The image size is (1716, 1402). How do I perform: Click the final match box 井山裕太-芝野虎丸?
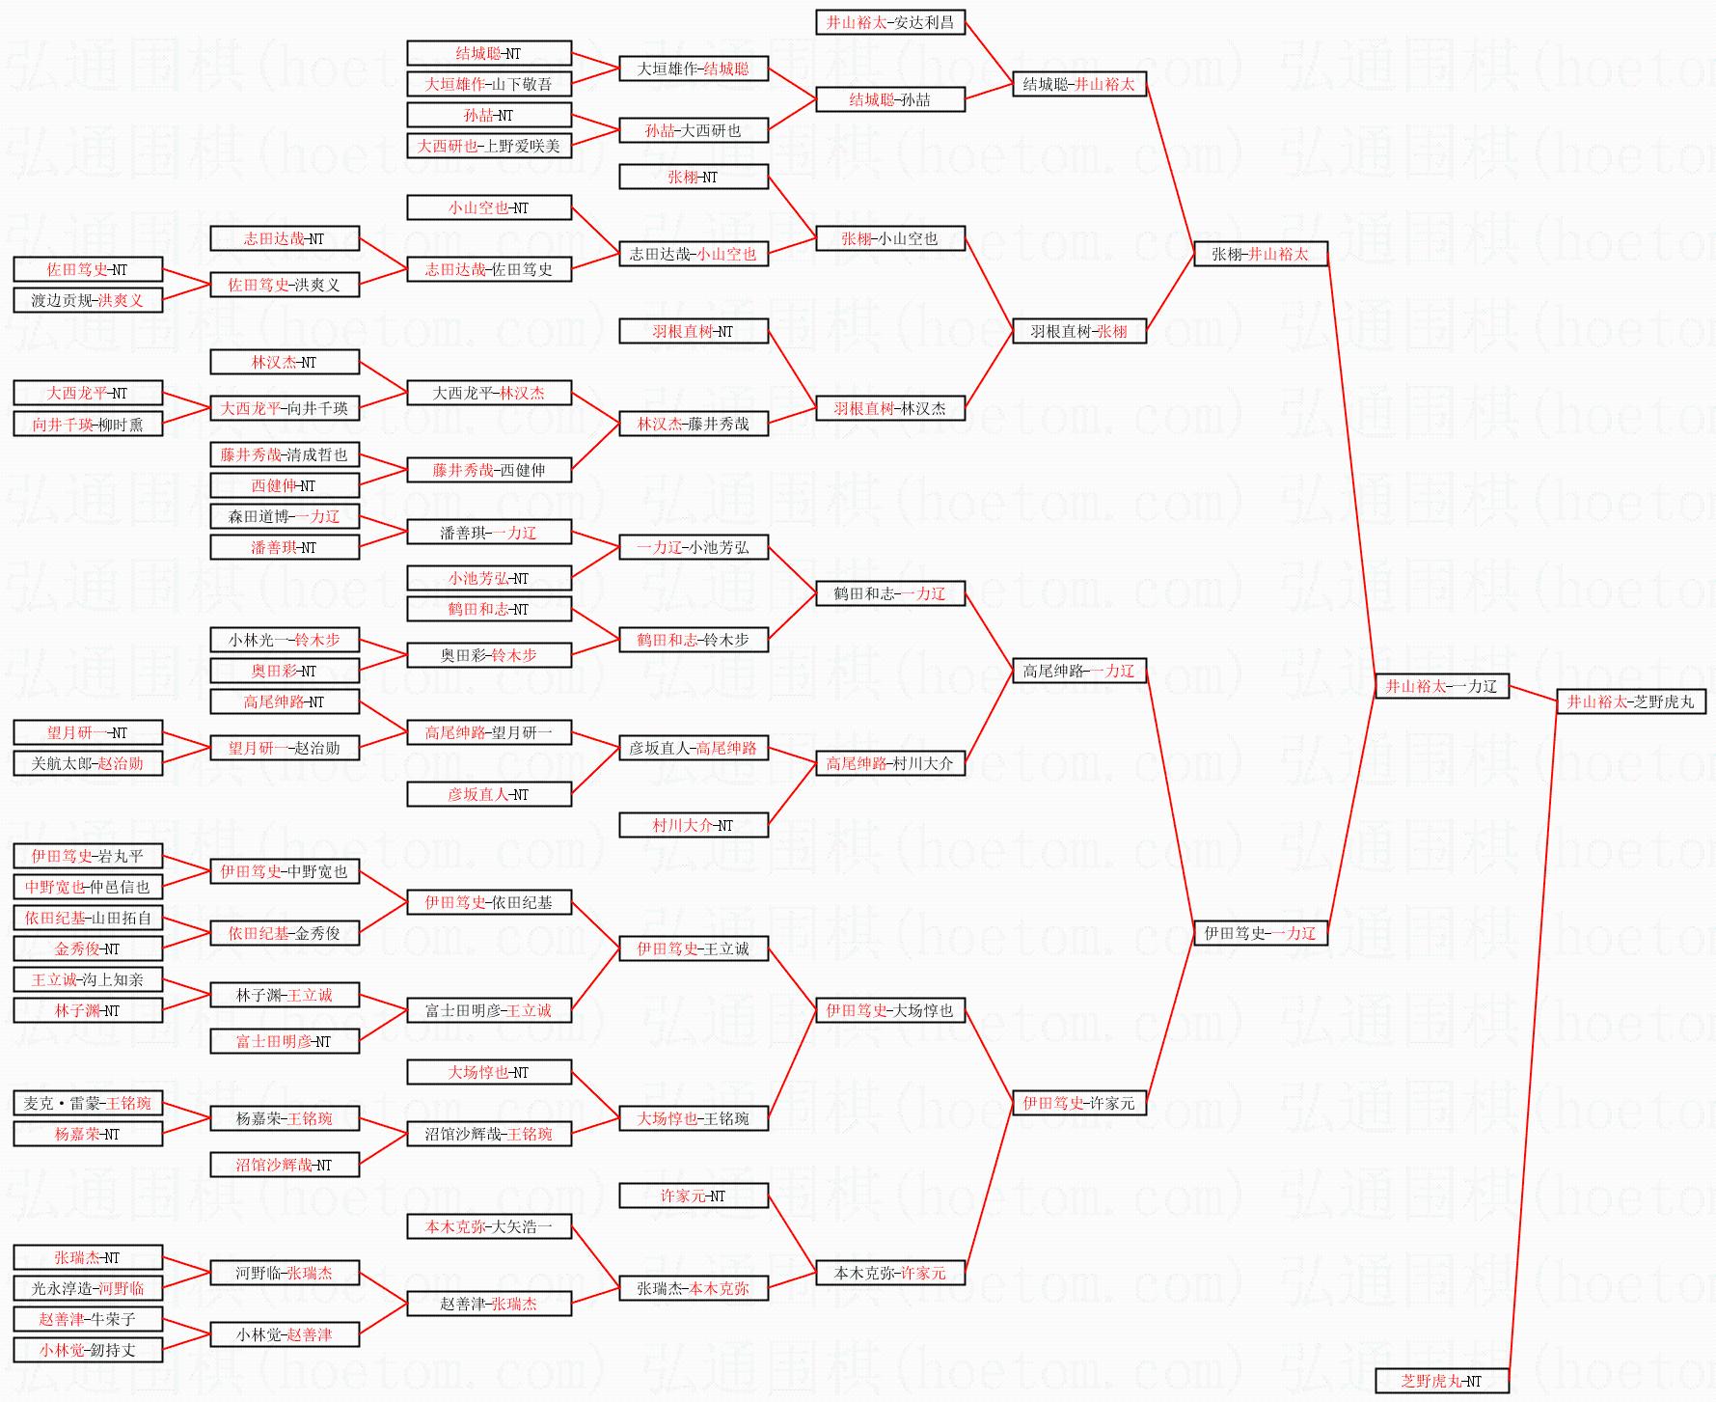pos(1631,701)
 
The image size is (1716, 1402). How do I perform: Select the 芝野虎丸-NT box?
pos(1441,1381)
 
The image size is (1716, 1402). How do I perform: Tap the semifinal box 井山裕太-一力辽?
pos(1441,686)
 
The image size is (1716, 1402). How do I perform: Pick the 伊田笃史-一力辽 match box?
pos(1260,933)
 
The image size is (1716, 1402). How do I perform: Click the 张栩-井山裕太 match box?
pos(1260,254)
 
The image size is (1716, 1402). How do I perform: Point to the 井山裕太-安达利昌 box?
pos(890,22)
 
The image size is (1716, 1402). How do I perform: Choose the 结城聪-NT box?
pos(489,53)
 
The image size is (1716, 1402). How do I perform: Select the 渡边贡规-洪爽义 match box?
pos(88,300)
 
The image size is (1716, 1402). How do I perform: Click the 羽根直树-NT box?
pos(694,331)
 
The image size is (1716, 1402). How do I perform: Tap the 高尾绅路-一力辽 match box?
pos(1079,671)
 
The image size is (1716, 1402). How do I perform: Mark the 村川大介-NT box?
pos(694,825)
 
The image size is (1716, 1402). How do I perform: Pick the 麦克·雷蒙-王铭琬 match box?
pos(88,1103)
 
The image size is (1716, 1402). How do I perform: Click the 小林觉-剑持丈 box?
pos(88,1350)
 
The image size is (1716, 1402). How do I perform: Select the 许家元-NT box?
pos(694,1196)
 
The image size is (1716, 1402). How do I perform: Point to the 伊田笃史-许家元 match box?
pos(1079,1103)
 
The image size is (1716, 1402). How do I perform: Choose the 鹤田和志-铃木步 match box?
pos(694,640)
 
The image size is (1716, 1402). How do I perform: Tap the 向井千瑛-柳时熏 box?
pos(88,424)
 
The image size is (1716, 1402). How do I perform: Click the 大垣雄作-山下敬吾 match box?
pos(489,84)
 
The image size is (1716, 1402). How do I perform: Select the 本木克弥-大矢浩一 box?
pos(489,1226)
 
